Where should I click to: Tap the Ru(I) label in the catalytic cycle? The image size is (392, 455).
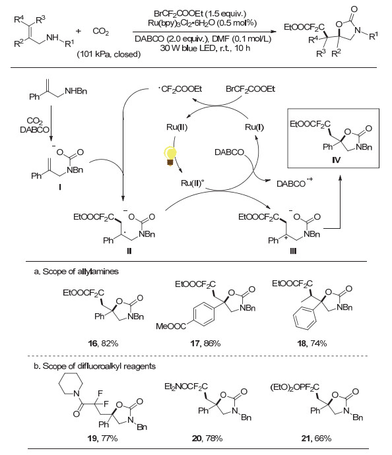pyautogui.click(x=254, y=127)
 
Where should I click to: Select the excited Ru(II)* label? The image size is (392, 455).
pyautogui.click(x=191, y=183)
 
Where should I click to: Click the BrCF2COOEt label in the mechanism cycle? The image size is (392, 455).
pyautogui.click(x=250, y=89)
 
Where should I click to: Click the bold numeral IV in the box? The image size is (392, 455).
pyautogui.click(x=336, y=160)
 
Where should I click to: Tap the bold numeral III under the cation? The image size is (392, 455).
pyautogui.click(x=293, y=251)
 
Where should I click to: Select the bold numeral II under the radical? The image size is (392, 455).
pyautogui.click(x=129, y=251)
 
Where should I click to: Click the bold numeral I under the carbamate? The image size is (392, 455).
pyautogui.click(x=60, y=187)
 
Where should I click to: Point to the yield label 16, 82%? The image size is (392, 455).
pyautogui.click(x=103, y=344)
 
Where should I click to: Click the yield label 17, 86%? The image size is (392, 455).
pyautogui.click(x=205, y=344)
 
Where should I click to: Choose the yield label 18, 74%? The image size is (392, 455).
pyautogui.click(x=312, y=344)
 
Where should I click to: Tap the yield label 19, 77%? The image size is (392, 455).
pyautogui.click(x=102, y=438)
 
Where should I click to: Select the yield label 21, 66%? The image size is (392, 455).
pyautogui.click(x=316, y=438)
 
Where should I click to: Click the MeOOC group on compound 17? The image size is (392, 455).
pyautogui.click(x=171, y=326)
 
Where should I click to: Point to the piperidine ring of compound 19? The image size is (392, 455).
pyautogui.click(x=71, y=383)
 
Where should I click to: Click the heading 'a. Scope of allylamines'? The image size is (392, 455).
pyautogui.click(x=76, y=272)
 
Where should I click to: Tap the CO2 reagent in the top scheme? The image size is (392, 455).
pyautogui.click(x=101, y=32)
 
